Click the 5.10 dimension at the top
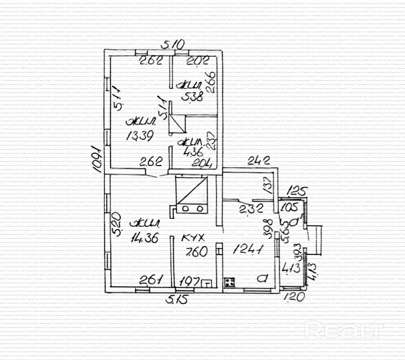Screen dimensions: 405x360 [x=173, y=44]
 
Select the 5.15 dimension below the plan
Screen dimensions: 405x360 [x=178, y=300]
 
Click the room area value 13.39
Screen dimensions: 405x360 [x=139, y=136]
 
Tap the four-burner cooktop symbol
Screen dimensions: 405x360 [x=230, y=282]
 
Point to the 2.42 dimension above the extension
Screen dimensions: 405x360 [x=259, y=161]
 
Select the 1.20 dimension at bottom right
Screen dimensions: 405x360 [x=294, y=298]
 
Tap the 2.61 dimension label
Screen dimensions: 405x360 [x=152, y=279]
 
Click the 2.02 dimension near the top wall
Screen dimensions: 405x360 [x=197, y=61]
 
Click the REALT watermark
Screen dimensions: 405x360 [x=344, y=330]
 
